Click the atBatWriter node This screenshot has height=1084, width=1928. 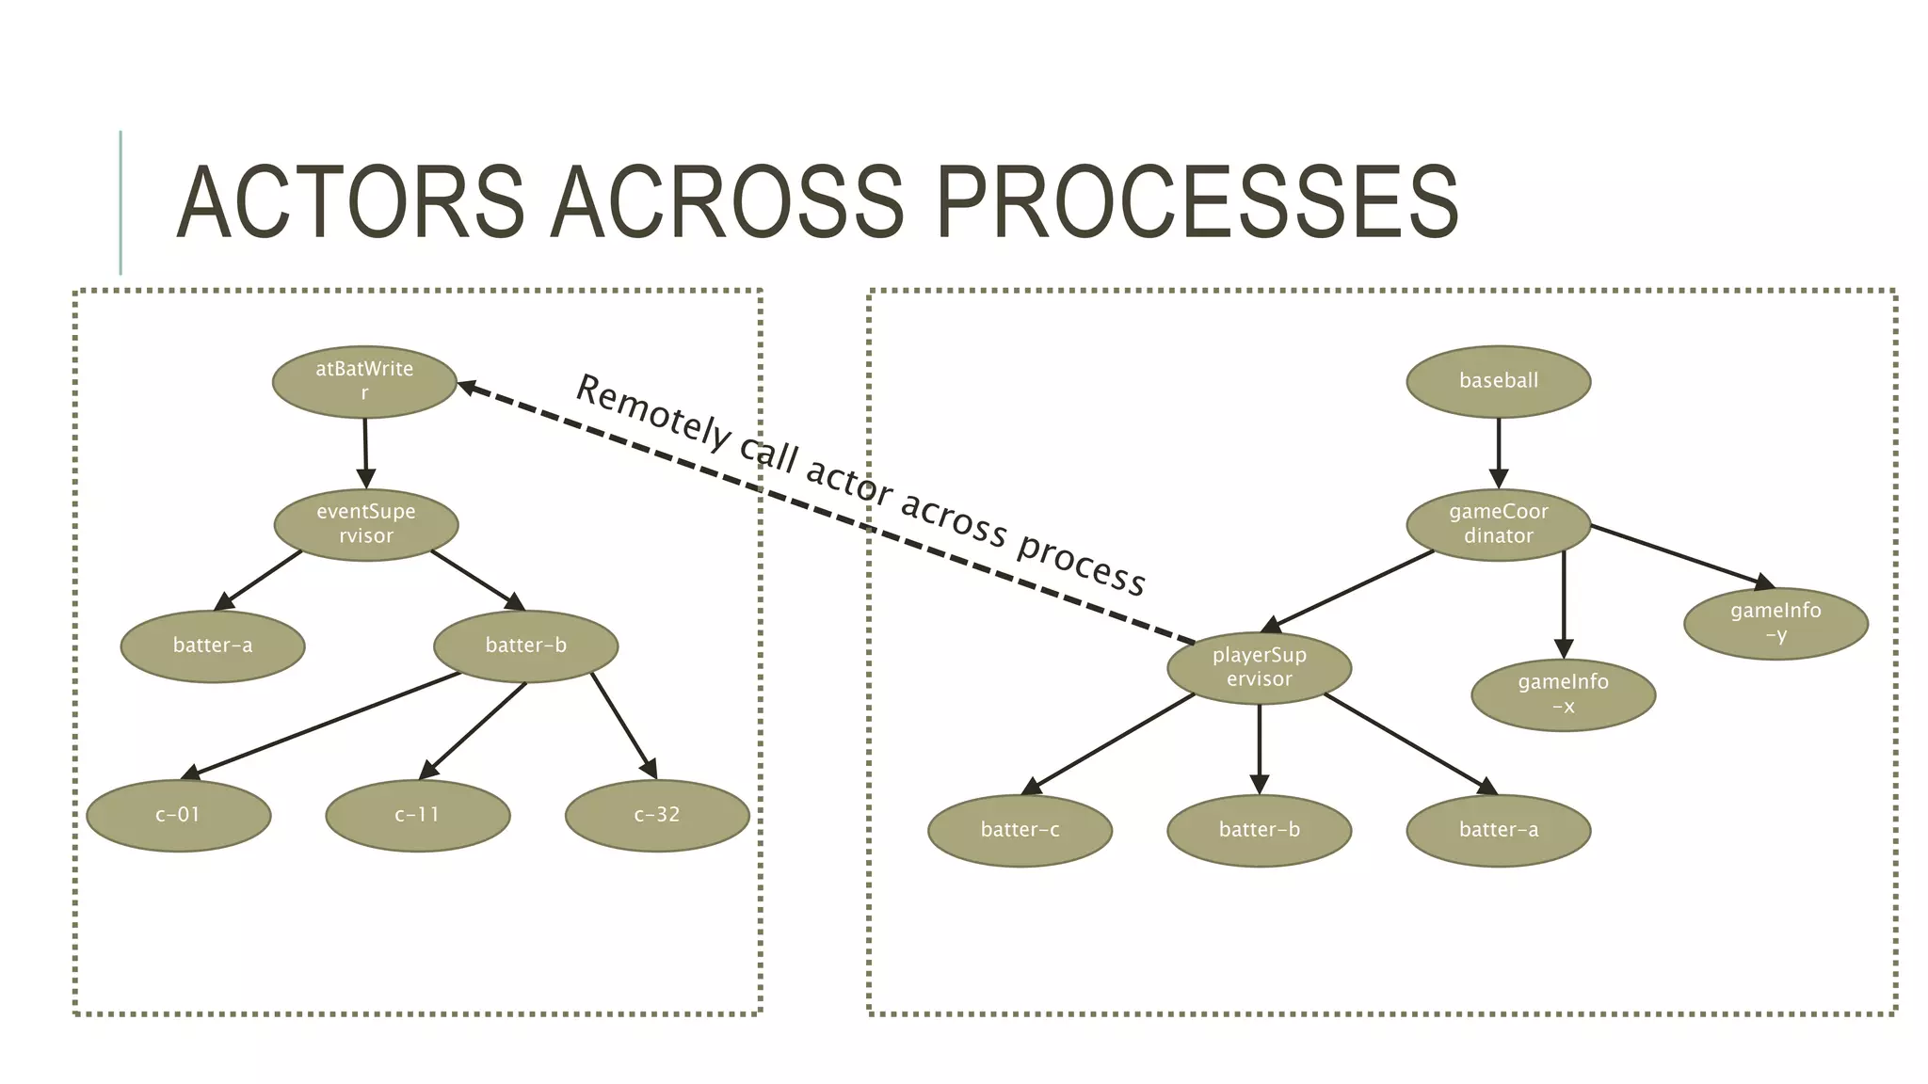[364, 381]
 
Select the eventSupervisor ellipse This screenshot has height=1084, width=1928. [366, 524]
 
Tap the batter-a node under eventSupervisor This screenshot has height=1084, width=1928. [213, 646]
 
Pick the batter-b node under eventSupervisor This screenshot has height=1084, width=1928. [525, 646]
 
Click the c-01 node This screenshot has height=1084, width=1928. [178, 815]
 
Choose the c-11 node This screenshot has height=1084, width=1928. [417, 815]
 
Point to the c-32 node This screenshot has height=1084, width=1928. [657, 815]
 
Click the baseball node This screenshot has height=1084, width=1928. [1498, 381]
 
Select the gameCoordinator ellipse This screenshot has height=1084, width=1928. [1498, 524]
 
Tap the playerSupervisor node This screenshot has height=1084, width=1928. [1259, 667]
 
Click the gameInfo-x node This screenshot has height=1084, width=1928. [1563, 694]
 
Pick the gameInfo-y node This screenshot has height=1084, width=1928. [1775, 623]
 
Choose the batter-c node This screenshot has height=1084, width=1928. [1020, 830]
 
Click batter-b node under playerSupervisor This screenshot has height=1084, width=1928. [1259, 830]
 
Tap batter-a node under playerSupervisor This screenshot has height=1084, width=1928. [1498, 830]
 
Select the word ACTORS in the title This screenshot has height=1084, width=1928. [350, 202]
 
